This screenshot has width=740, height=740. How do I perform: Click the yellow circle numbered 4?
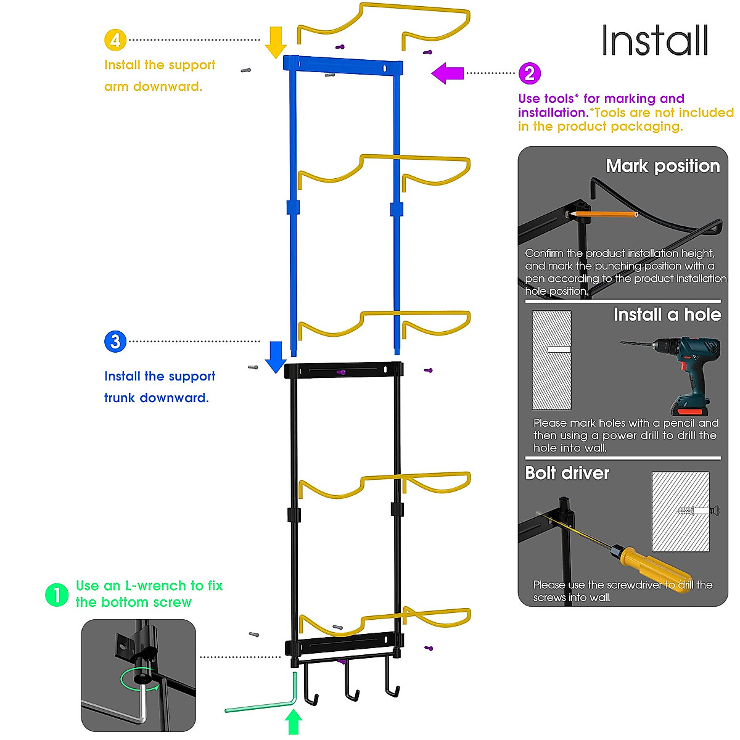click(x=115, y=40)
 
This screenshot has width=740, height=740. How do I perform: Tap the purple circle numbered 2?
click(x=530, y=73)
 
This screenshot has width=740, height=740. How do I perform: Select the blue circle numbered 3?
click(x=115, y=342)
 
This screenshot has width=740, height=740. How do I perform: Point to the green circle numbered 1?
click(x=57, y=595)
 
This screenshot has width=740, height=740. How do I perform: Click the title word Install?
click(x=655, y=40)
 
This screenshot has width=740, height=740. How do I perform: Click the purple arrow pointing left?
click(x=447, y=73)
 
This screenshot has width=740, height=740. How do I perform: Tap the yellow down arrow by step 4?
click(x=276, y=43)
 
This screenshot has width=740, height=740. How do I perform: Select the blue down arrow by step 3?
click(x=276, y=357)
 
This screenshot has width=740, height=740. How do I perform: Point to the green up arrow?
click(x=294, y=721)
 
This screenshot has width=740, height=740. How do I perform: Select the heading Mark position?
click(x=663, y=166)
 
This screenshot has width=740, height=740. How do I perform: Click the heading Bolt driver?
click(x=567, y=473)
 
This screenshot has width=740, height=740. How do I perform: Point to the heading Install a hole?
click(x=667, y=314)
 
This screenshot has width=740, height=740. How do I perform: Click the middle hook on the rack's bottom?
click(x=351, y=680)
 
